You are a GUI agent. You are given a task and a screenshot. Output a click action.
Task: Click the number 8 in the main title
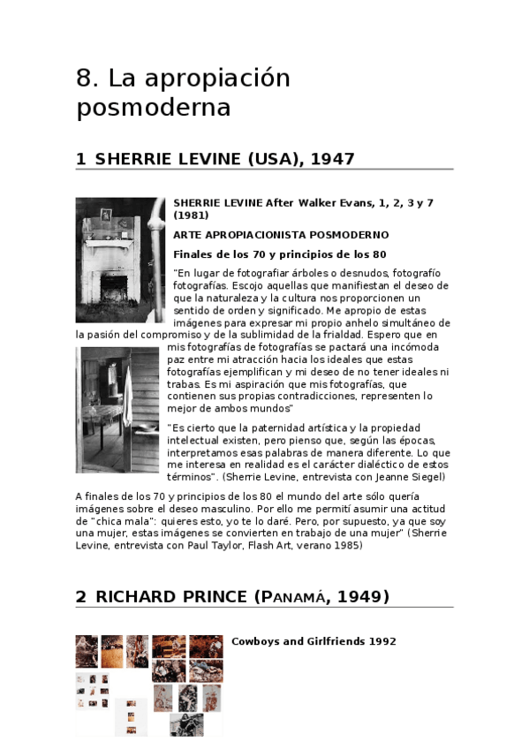[x=86, y=78]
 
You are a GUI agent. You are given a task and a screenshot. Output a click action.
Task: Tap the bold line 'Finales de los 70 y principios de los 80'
[x=266, y=254]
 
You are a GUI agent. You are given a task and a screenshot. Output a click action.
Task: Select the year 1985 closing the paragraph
[x=347, y=546]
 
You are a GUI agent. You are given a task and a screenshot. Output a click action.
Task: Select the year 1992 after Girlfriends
[x=382, y=641]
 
